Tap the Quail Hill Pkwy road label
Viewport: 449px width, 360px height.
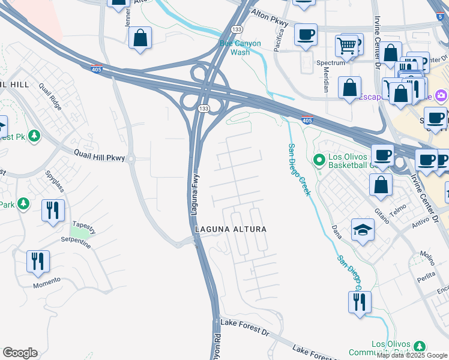click(100, 157)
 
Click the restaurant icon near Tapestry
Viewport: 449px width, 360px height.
click(53, 211)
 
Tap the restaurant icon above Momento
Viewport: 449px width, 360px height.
click(38, 262)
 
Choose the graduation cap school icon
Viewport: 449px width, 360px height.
click(363, 230)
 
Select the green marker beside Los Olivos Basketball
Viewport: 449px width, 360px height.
click(319, 159)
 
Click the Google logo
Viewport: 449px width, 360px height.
click(20, 353)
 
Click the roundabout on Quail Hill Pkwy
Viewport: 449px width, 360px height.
click(131, 158)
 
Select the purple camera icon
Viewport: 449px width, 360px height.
click(442, 95)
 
